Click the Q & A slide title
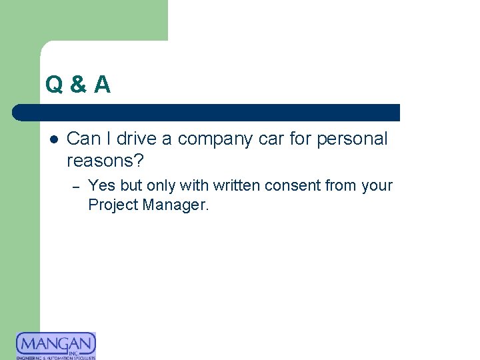[x=78, y=85]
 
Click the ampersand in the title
[x=78, y=85]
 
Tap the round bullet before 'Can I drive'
[x=53, y=139]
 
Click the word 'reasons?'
[x=105, y=161]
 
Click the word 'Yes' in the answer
[x=101, y=185]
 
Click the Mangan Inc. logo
[x=56, y=345]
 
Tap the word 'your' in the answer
[x=377, y=185]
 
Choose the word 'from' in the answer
[x=340, y=185]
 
